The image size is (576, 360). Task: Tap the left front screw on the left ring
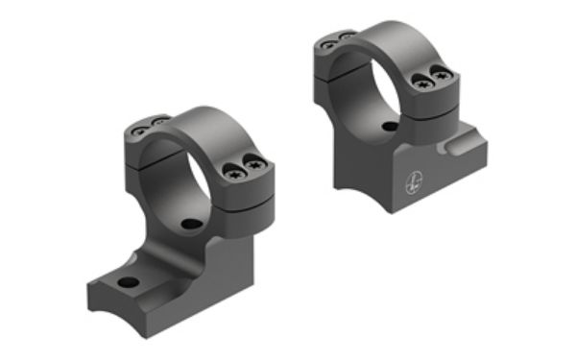pos(234,172)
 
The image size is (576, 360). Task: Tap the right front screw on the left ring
pos(255,166)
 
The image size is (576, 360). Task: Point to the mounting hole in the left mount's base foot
pos(126,282)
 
